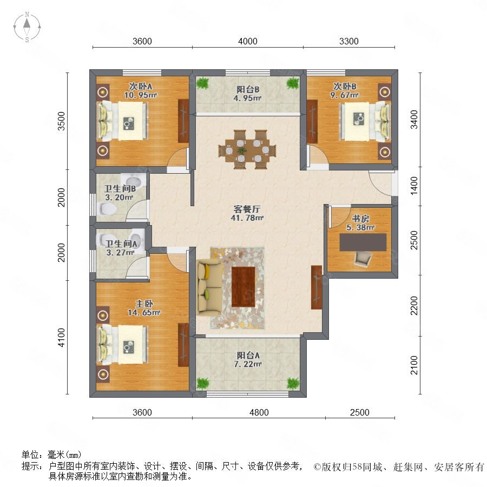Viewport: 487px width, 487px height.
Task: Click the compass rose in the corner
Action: click(x=27, y=27)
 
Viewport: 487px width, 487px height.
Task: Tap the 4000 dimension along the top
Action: click(x=247, y=41)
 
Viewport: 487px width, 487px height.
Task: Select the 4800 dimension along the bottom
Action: click(x=259, y=412)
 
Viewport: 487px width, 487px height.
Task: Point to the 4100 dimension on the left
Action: click(x=62, y=337)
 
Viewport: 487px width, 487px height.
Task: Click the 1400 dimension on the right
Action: click(x=414, y=186)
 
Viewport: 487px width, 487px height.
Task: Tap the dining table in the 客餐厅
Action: click(x=247, y=150)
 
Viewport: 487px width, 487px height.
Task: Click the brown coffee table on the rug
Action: click(x=243, y=286)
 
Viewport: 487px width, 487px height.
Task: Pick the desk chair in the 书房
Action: click(x=363, y=259)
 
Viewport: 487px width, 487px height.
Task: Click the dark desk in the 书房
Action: click(x=363, y=242)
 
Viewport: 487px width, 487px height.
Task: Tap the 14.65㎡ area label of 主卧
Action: click(x=144, y=312)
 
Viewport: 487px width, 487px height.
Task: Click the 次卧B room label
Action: click(x=345, y=86)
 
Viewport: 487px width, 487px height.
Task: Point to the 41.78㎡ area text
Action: click(x=247, y=218)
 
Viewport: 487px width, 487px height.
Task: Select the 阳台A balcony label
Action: click(x=248, y=355)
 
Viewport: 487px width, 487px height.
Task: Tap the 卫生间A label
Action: click(x=121, y=244)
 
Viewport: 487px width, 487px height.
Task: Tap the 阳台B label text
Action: click(x=248, y=89)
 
